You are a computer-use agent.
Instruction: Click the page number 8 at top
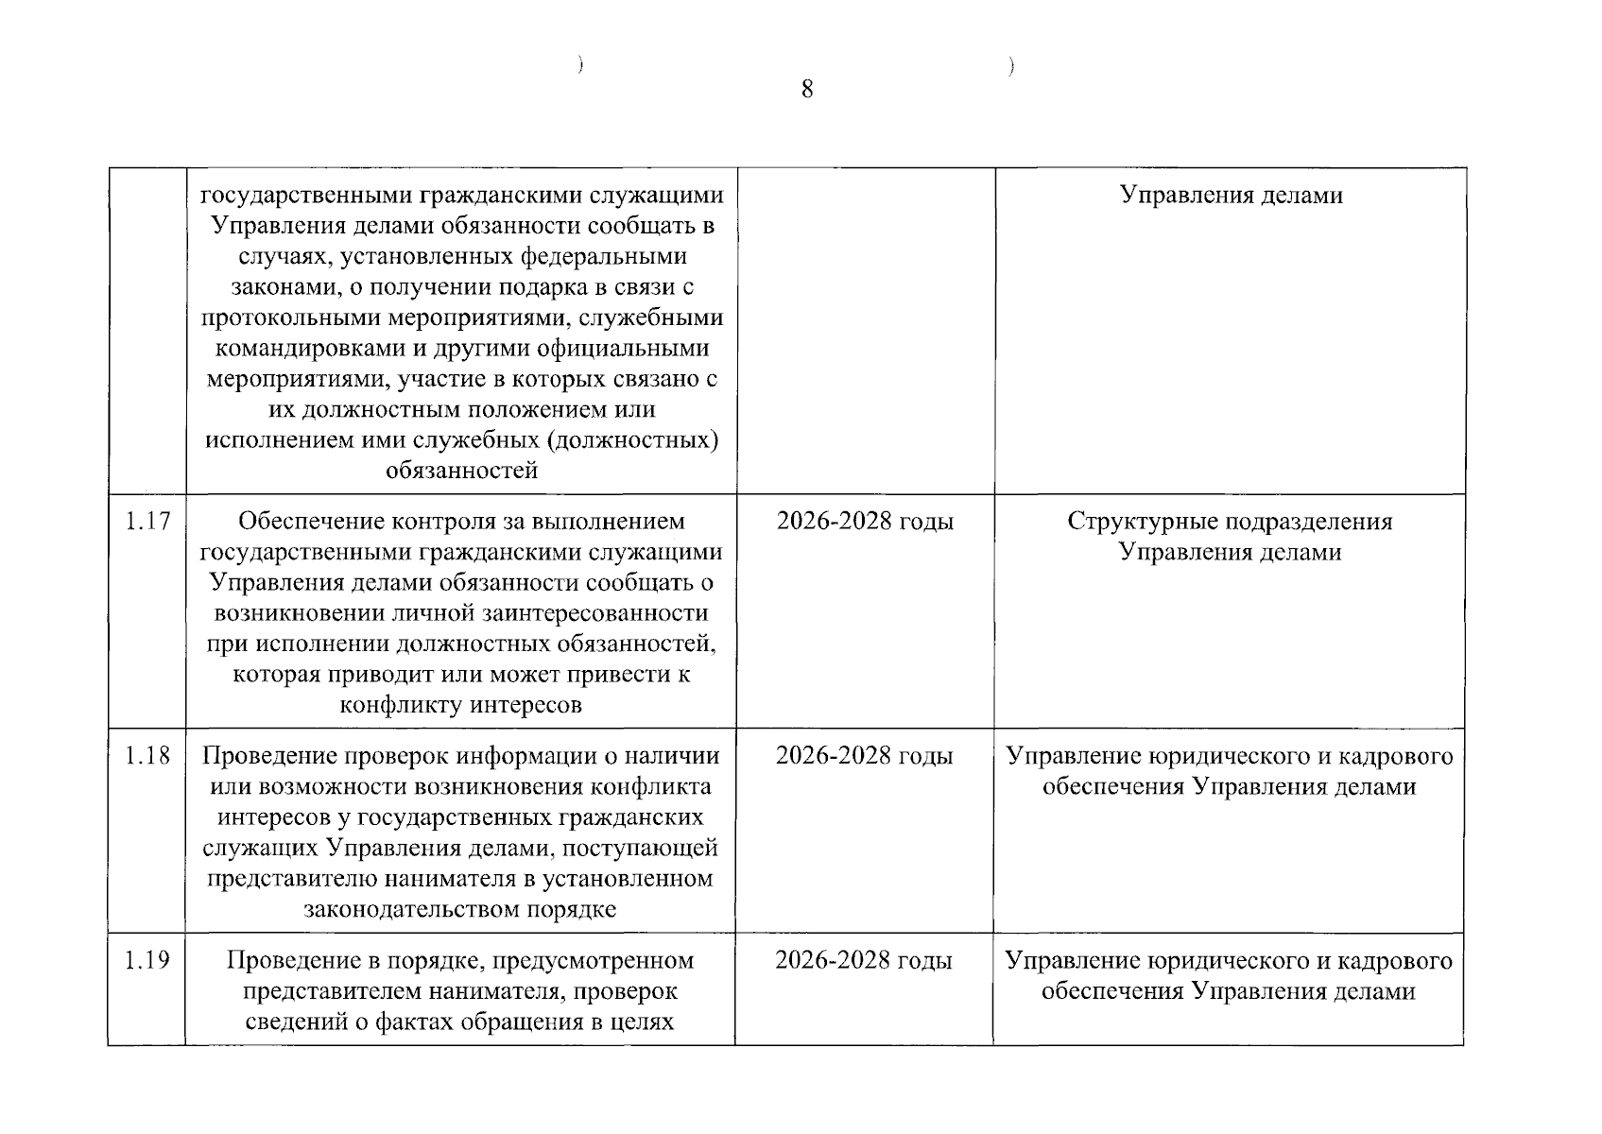coord(806,90)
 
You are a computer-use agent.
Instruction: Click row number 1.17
coord(147,521)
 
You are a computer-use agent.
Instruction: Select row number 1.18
coord(147,755)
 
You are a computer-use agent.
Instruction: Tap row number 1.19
coord(147,960)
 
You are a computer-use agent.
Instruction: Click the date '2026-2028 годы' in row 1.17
coord(865,521)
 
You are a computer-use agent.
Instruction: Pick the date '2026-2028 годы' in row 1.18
coord(864,755)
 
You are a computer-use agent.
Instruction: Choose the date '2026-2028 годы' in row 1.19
coord(864,960)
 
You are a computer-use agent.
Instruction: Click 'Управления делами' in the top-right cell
coord(1231,196)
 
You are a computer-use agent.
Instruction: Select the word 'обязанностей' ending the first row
coord(461,471)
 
